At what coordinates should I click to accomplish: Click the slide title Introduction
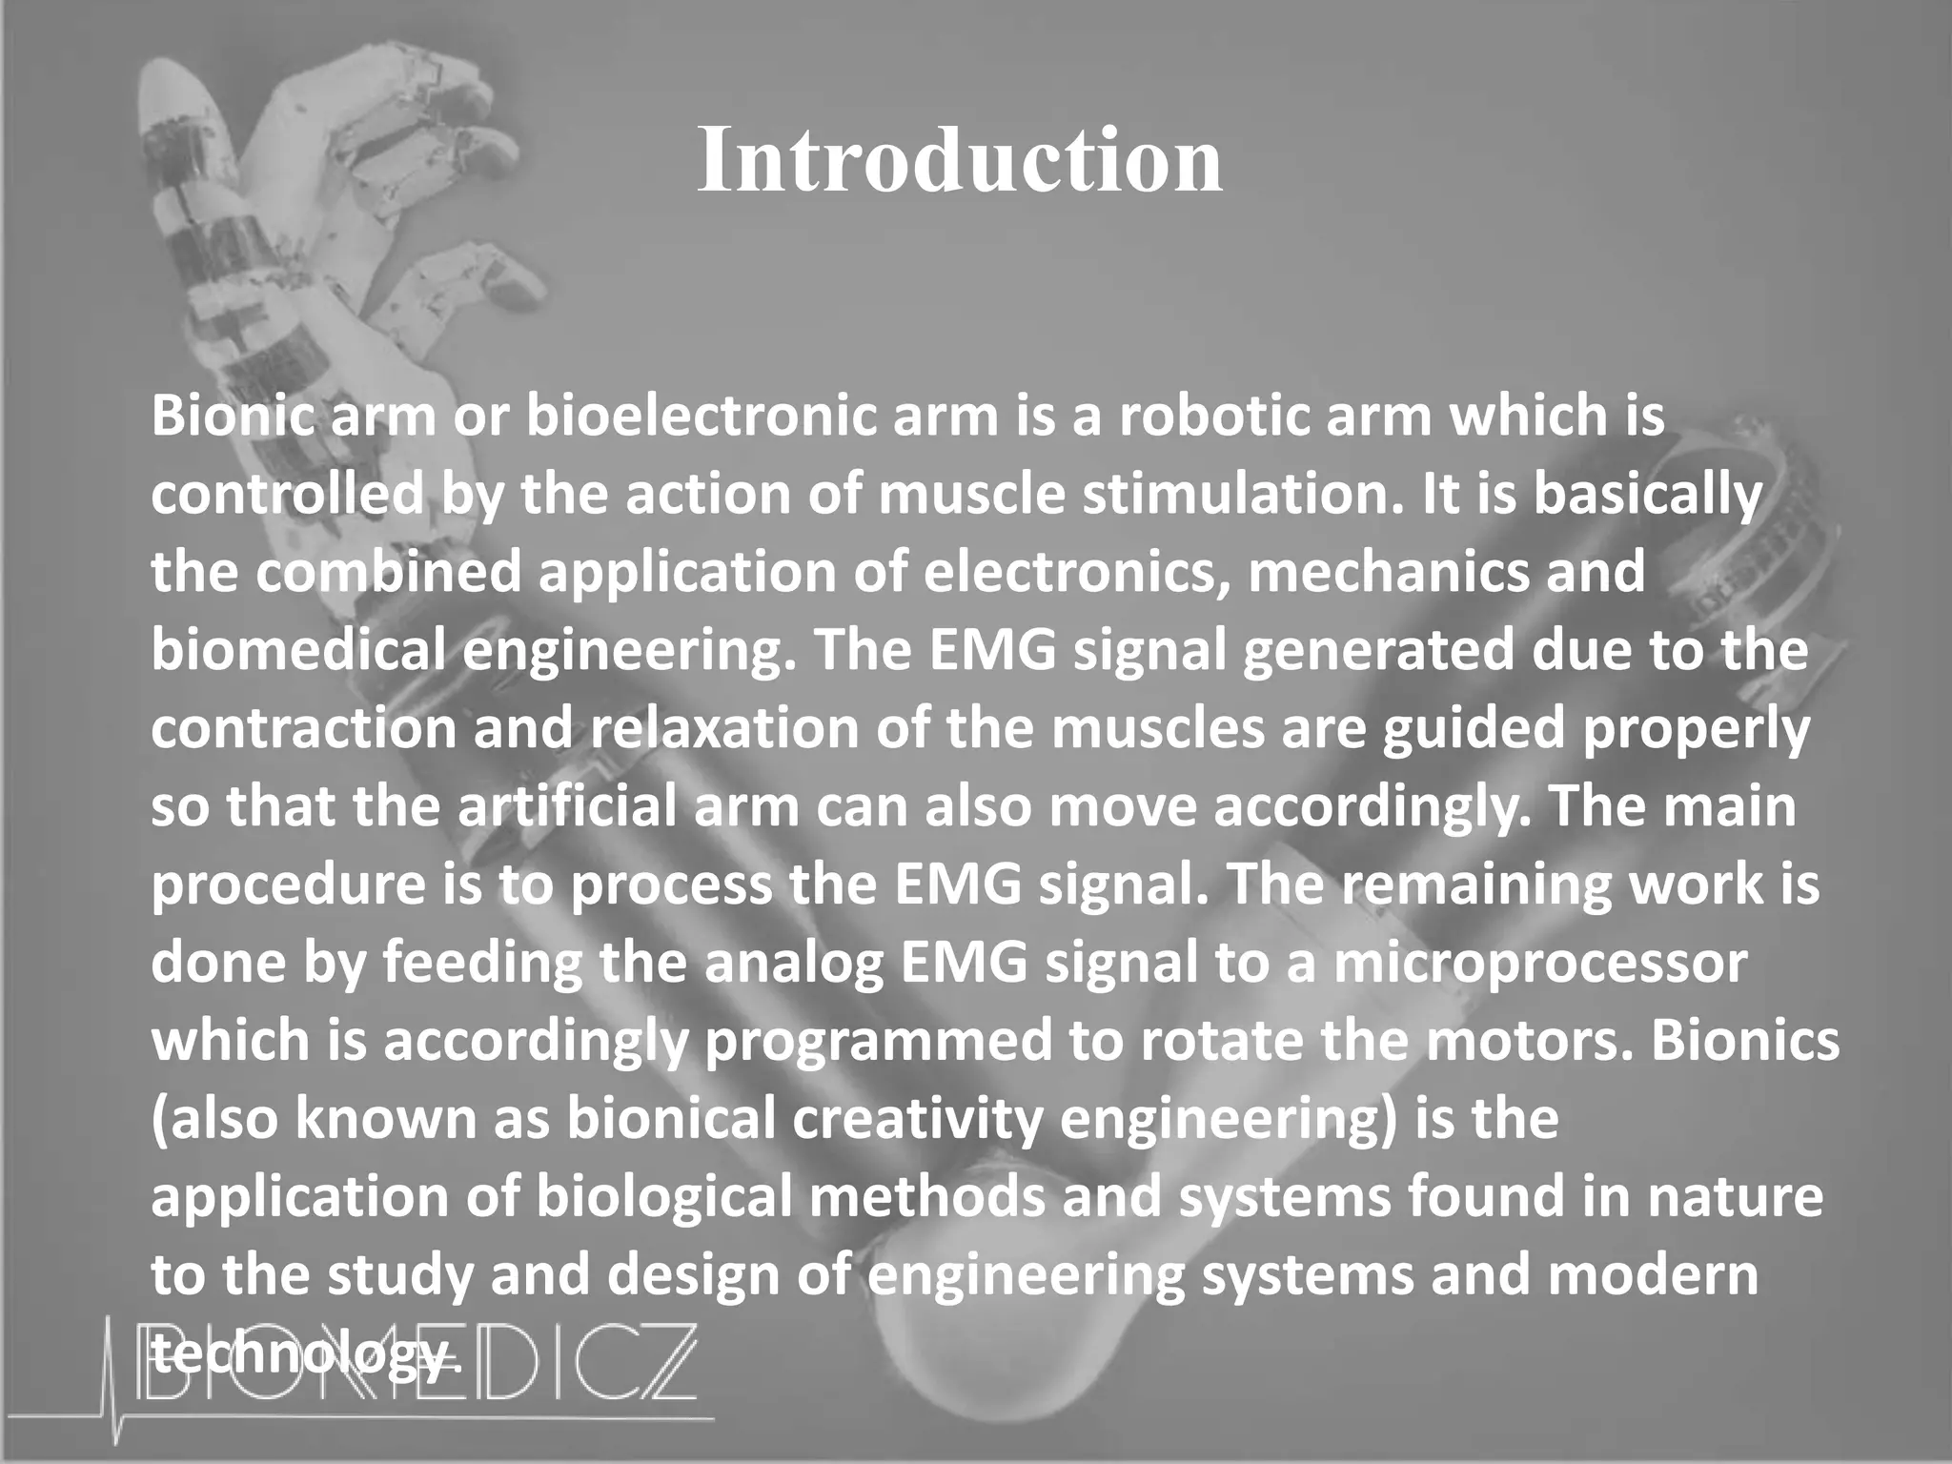(959, 161)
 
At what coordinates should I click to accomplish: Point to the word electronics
(1072, 573)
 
